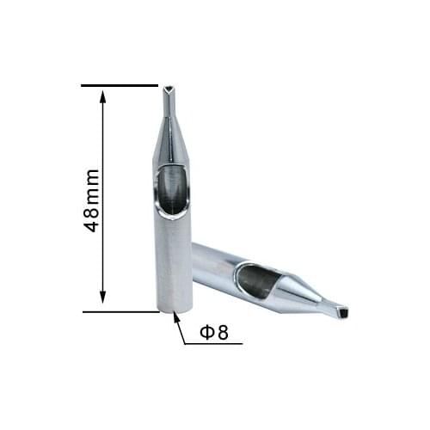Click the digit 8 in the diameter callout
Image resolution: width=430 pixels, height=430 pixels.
[222, 332]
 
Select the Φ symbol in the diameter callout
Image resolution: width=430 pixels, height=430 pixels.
[206, 332]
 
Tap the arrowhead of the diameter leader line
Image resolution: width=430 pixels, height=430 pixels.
[177, 318]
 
